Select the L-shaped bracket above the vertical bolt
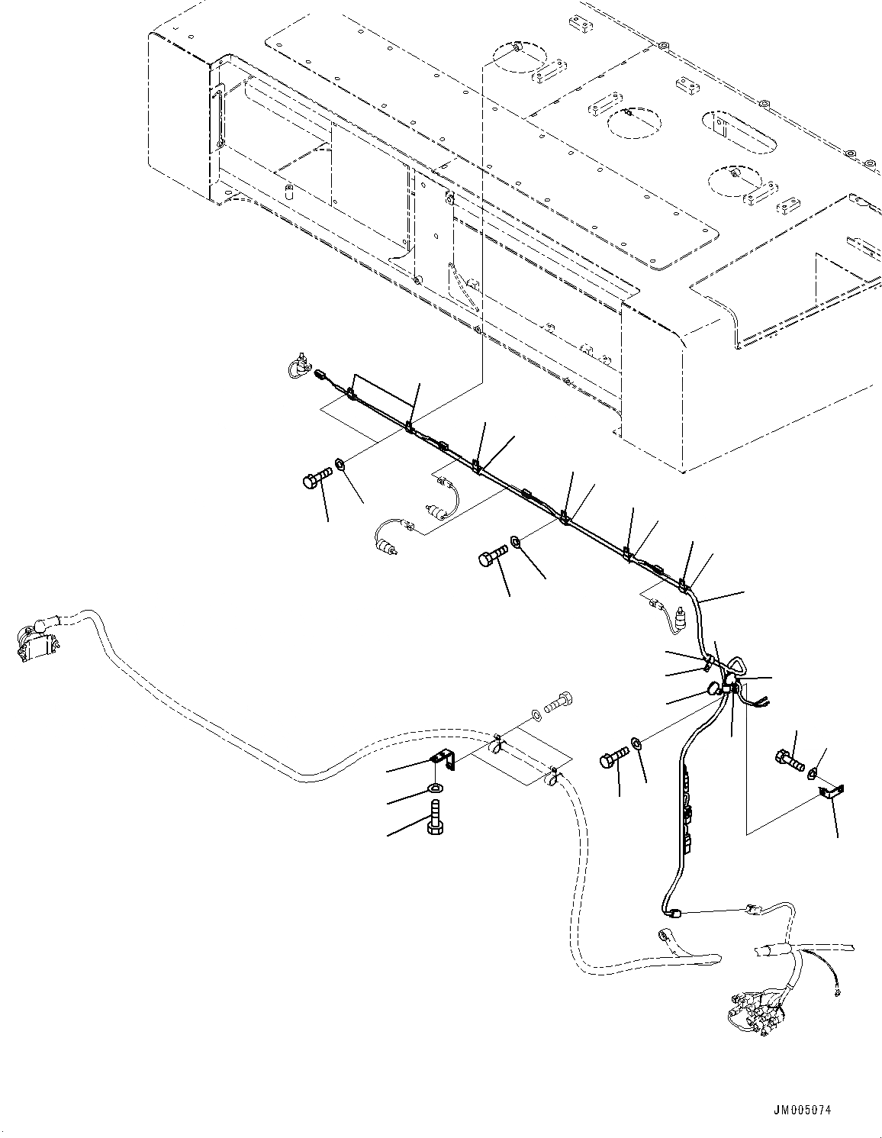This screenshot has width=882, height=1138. click(441, 760)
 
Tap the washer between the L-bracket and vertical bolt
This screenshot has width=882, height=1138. click(436, 788)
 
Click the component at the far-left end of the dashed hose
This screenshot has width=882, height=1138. click(34, 640)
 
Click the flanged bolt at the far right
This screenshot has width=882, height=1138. click(789, 759)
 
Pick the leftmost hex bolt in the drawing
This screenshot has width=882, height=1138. click(314, 480)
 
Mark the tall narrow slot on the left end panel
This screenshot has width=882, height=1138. click(218, 116)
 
